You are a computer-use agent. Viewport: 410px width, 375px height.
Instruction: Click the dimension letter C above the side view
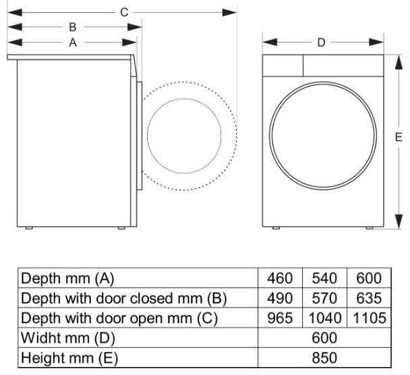point(123,11)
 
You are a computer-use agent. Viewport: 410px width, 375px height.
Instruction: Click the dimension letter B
point(71,27)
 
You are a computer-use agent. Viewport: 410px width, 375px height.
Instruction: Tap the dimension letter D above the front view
point(322,42)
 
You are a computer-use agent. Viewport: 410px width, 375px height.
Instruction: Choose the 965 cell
point(280,318)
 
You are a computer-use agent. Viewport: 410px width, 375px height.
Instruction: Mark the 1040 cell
point(324,318)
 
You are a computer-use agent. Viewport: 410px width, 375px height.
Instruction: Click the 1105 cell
point(368,318)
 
